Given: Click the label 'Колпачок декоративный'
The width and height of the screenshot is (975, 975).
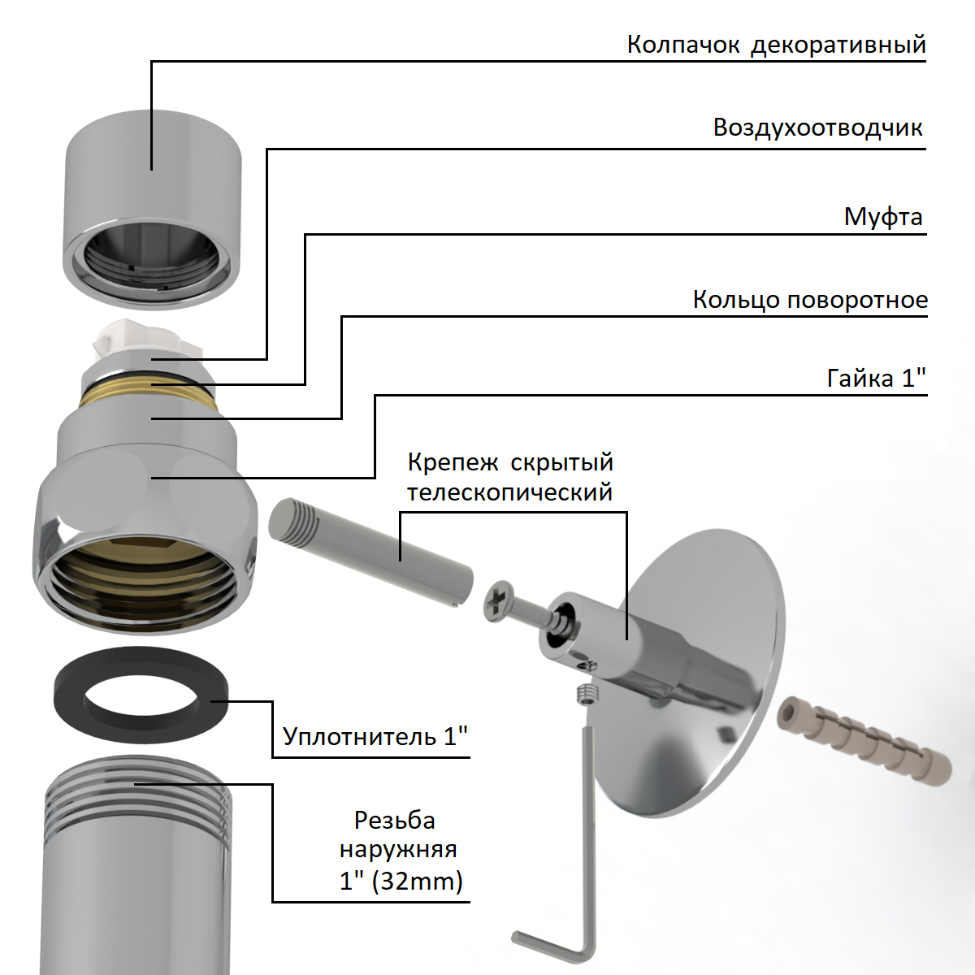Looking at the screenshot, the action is click(776, 45).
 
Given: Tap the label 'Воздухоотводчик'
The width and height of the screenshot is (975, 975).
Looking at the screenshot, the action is click(817, 128).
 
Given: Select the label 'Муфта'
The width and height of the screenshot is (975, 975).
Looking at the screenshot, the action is click(883, 217).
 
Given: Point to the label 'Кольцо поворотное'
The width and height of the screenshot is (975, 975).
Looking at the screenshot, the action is click(810, 300).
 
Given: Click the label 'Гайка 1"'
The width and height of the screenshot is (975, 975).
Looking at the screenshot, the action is click(876, 378).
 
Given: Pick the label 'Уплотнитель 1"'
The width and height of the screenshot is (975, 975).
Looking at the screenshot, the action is click(375, 736).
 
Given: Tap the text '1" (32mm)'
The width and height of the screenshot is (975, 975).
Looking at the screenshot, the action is click(401, 882).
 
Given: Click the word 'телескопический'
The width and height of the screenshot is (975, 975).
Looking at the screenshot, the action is click(510, 492).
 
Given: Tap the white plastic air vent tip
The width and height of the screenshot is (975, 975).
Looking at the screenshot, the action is click(147, 338).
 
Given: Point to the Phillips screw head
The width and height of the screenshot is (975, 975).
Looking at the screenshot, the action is click(499, 601).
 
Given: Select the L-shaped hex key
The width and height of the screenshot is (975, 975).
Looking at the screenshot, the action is click(588, 840).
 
